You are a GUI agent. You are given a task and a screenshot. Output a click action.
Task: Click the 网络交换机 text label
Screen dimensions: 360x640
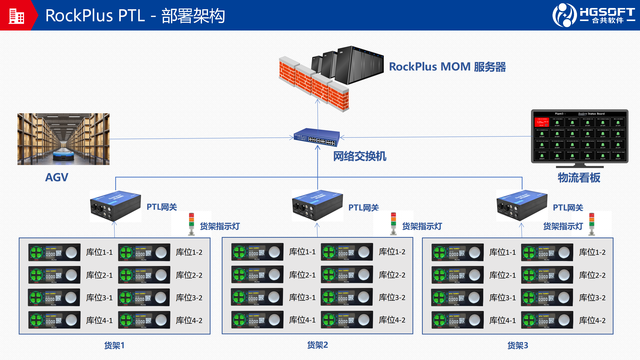(x=359, y=157)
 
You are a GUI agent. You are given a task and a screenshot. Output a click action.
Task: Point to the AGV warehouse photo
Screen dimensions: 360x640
(x=62, y=139)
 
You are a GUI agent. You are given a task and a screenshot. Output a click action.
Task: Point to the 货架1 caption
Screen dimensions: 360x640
(x=116, y=345)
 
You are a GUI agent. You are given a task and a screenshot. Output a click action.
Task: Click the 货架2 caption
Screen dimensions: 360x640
(x=319, y=345)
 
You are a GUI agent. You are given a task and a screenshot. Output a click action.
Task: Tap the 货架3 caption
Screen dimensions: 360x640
(x=518, y=345)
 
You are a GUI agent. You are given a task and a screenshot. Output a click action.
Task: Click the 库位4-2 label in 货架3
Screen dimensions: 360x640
(x=593, y=320)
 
